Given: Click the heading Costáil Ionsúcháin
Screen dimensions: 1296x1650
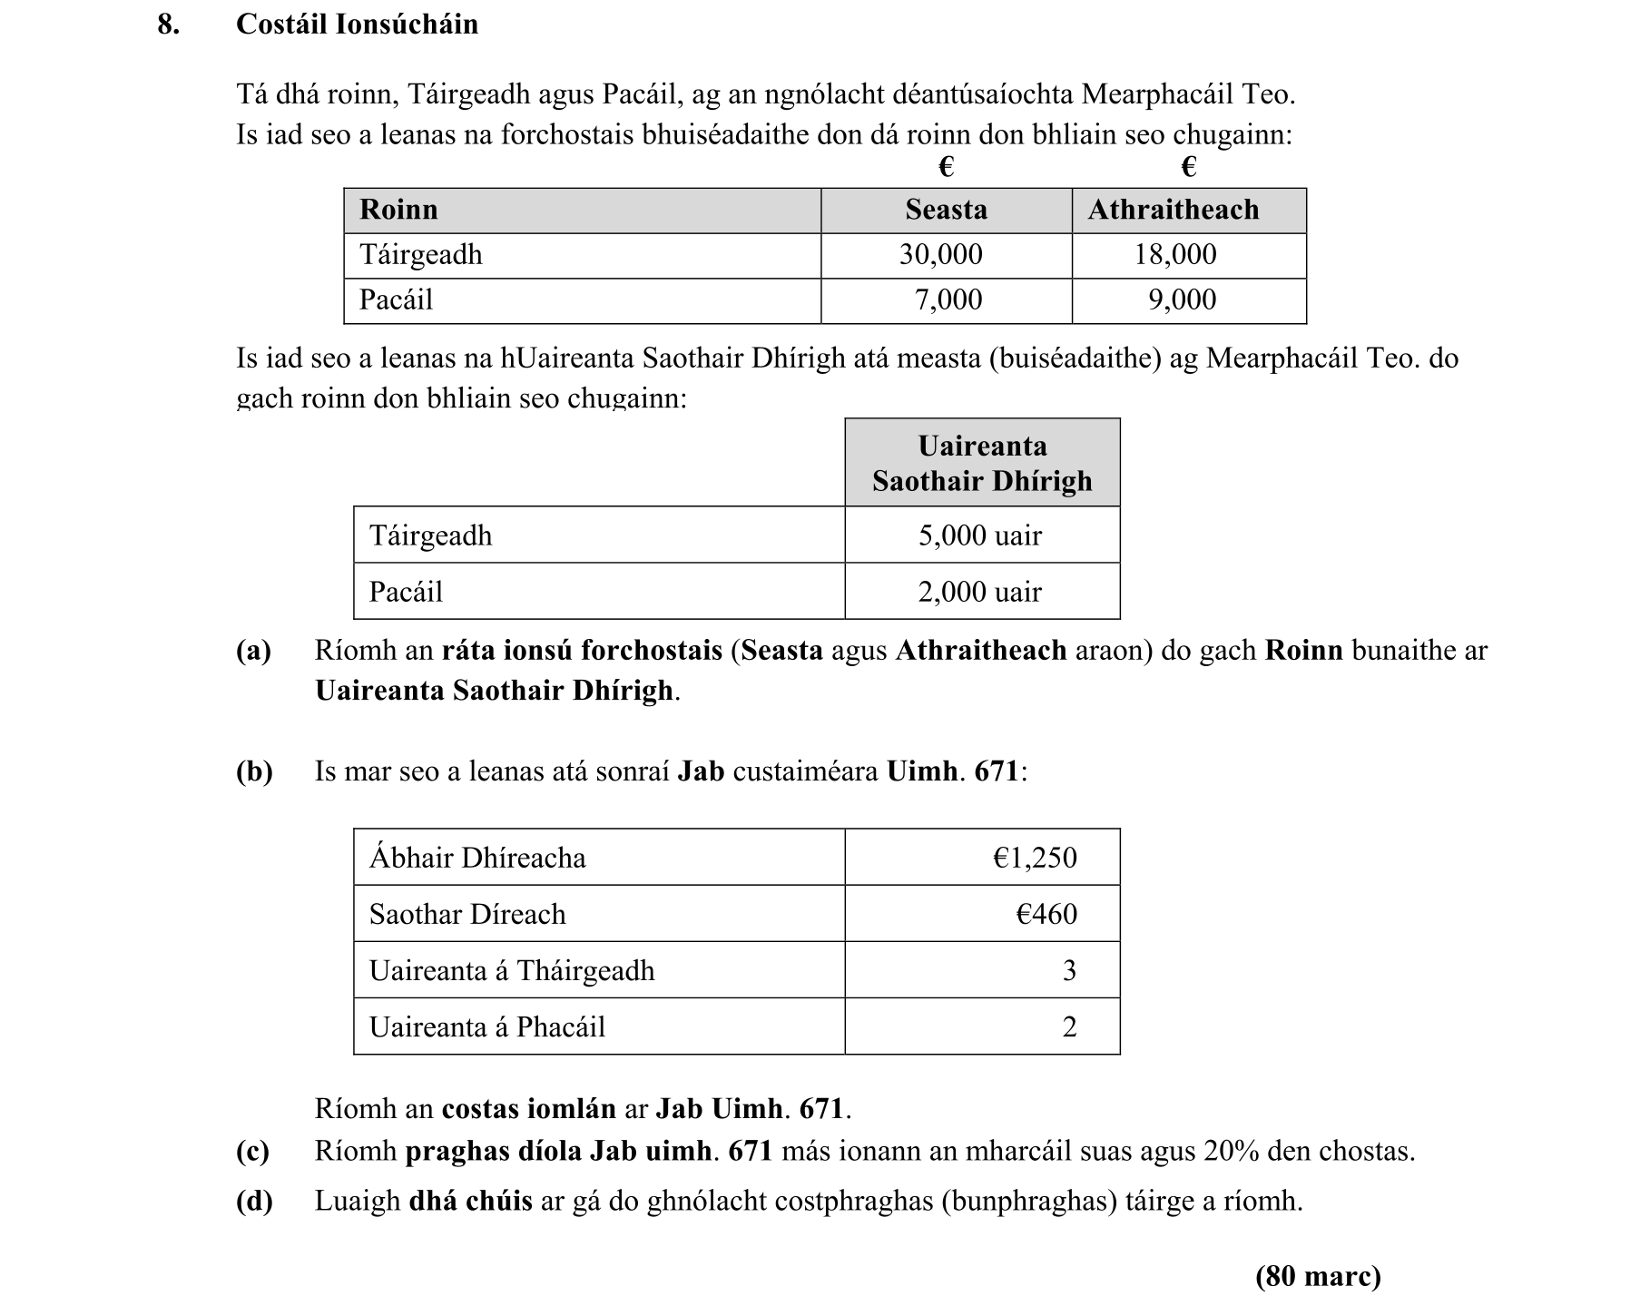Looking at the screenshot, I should click(x=357, y=24).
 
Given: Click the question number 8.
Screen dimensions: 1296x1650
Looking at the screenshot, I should click(x=168, y=24).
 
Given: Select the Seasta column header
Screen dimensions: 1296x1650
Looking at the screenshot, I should click(x=946, y=210).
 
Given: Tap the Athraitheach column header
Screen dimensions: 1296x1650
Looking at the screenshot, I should click(x=1173, y=210).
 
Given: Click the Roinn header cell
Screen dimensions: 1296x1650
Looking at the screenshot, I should click(x=398, y=210).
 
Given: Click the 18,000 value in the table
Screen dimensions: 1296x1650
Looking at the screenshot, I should click(x=1174, y=254).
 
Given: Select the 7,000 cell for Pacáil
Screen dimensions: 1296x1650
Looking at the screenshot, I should click(x=948, y=299).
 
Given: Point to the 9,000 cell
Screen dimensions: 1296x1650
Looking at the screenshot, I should click(x=1182, y=299).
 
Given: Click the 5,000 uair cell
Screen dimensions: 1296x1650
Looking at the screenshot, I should click(x=980, y=535).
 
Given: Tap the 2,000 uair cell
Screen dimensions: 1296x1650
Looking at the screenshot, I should click(x=980, y=592).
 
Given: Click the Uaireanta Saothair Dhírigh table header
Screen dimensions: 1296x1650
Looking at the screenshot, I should click(x=982, y=463).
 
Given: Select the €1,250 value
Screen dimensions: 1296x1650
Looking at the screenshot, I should click(x=1035, y=858).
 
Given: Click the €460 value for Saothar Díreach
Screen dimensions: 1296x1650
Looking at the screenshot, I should click(x=1046, y=914).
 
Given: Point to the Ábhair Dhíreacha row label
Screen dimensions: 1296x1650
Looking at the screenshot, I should click(x=477, y=858).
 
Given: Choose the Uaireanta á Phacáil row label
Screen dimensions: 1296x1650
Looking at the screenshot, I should click(x=486, y=1026).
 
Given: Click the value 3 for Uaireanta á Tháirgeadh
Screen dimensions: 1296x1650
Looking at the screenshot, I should click(x=1069, y=970).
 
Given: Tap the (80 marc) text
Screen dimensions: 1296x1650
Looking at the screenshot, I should click(x=1318, y=1276).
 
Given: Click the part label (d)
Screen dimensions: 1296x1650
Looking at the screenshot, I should click(x=254, y=1201).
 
